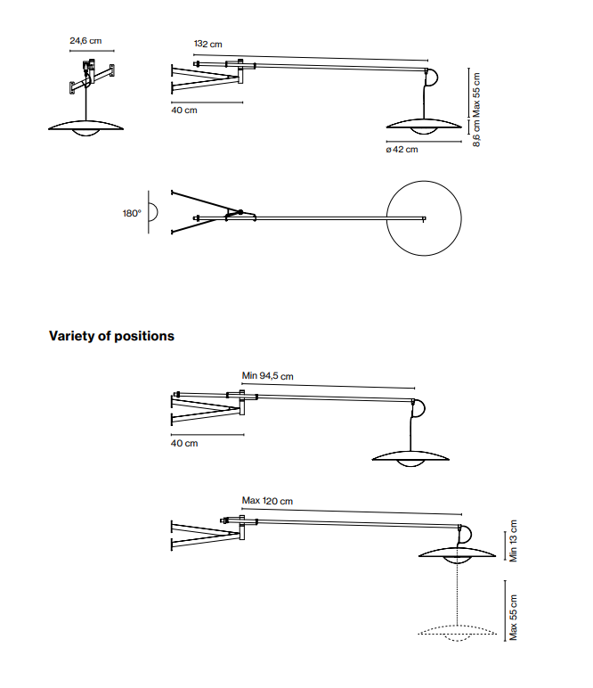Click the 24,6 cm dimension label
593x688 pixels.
[x=85, y=41]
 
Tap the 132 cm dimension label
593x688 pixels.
[x=207, y=44]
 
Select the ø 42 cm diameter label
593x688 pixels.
[x=402, y=149]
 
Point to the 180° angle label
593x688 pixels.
[x=132, y=213]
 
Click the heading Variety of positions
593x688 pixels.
[x=111, y=336]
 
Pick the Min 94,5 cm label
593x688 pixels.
[x=267, y=376]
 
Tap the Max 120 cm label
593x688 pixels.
[x=267, y=501]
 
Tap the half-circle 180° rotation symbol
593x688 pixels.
[x=153, y=213]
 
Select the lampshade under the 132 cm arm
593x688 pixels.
[x=423, y=125]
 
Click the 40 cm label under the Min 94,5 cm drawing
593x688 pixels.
[x=184, y=443]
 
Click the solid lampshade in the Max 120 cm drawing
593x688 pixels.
[x=458, y=554]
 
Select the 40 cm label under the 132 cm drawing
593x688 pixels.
[x=184, y=110]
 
